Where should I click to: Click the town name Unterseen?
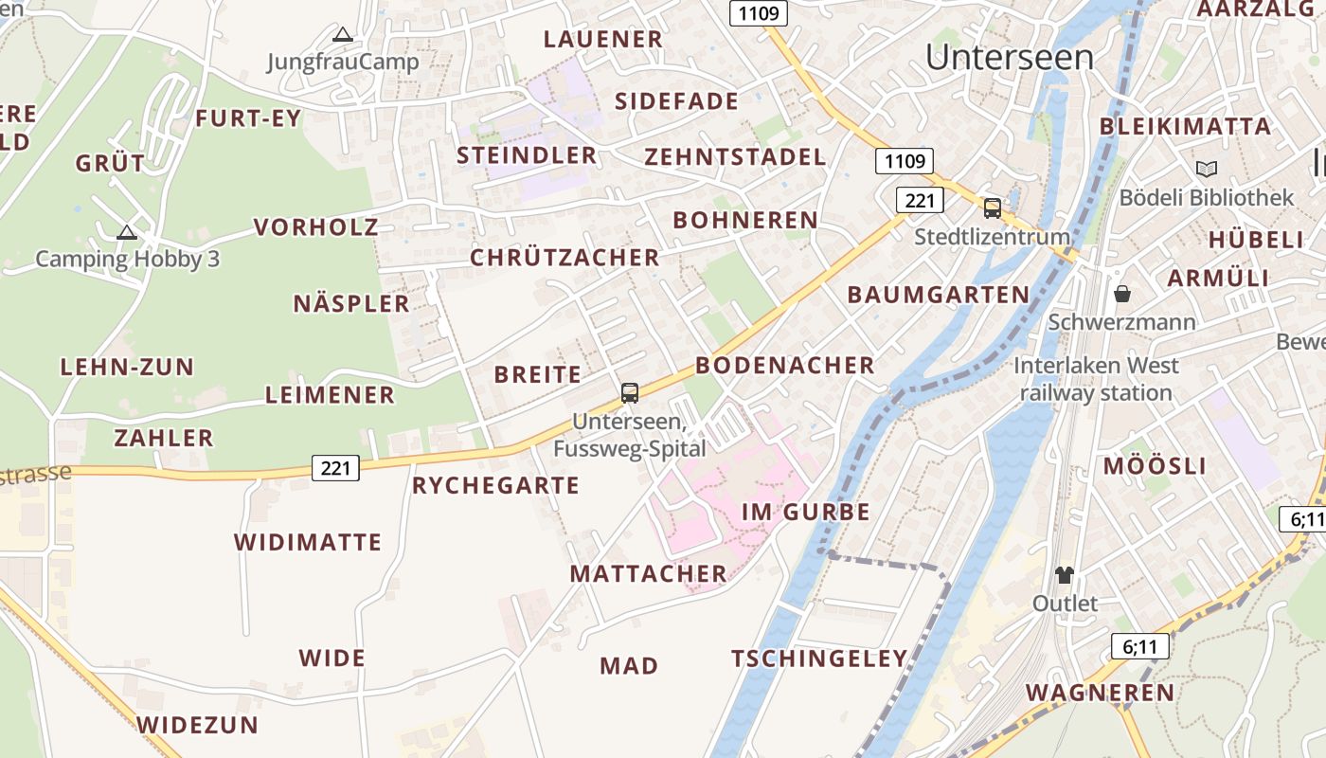1010,58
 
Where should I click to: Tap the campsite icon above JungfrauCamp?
343,35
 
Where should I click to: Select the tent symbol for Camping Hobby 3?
126,232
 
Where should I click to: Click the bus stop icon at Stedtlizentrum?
993,208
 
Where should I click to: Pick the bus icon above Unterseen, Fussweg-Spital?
630,392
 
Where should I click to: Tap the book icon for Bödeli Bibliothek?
1207,170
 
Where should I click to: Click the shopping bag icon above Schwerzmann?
1122,294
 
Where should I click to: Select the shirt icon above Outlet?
1065,574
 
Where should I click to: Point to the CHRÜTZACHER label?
564,258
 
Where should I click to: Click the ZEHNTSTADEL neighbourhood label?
736,157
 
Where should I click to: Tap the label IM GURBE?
805,513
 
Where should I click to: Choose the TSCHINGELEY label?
819,659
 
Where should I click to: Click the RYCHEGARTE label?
495,486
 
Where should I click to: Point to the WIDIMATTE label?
308,543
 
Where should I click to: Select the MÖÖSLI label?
1155,466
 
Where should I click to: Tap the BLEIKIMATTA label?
1185,127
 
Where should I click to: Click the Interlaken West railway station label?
1096,379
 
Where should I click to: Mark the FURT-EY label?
248,118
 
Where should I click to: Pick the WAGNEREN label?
1101,693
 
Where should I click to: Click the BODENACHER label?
785,366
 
